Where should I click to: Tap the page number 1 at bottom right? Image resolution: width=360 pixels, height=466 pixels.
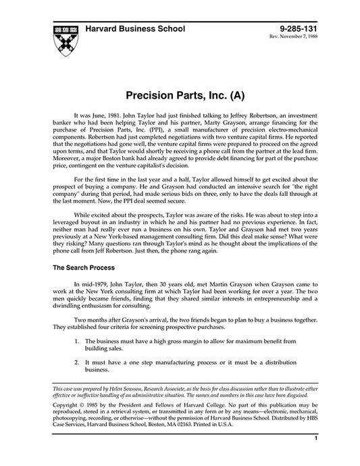[315, 457]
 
